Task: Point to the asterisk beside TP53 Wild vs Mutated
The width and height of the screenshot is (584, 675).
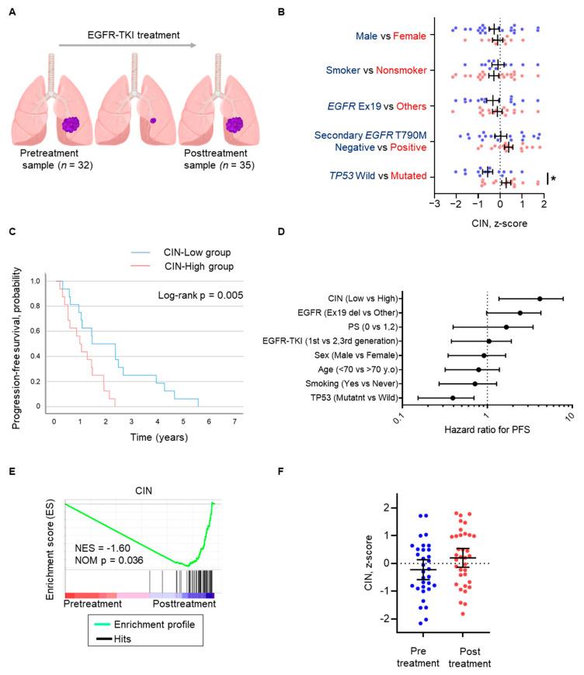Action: [x=552, y=179]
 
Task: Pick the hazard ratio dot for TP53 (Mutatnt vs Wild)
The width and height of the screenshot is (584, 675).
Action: [x=453, y=398]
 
